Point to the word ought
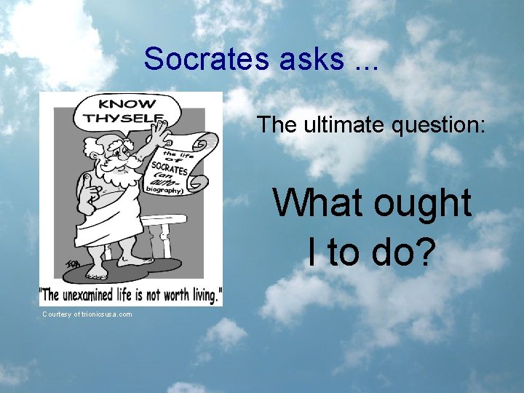(x=421, y=204)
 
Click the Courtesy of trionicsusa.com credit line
(x=87, y=314)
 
